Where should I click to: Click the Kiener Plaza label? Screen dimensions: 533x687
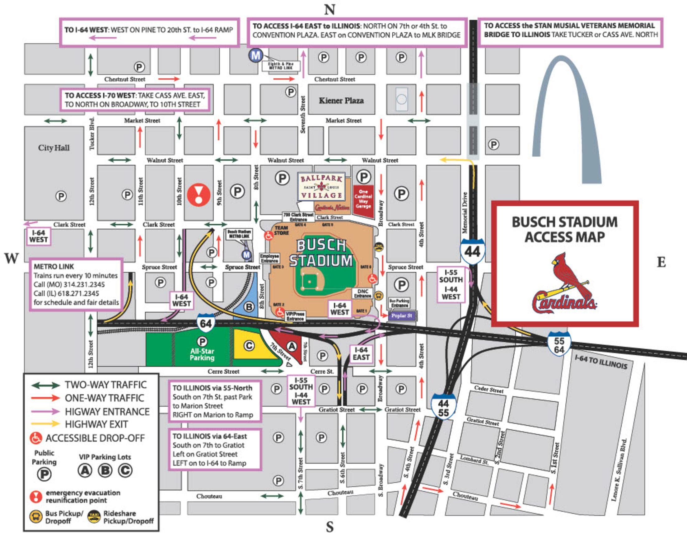[x=341, y=101]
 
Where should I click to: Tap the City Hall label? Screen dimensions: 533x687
[x=54, y=148]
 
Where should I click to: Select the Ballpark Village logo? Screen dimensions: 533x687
[x=321, y=187]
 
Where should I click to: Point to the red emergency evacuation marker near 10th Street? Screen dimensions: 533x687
[x=199, y=195]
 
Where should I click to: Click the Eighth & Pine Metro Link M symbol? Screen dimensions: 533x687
[x=256, y=55]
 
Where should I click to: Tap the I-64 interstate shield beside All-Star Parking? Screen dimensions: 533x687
[x=206, y=323]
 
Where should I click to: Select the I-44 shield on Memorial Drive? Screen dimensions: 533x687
[x=472, y=251]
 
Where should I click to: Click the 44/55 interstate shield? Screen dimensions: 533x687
[x=443, y=407]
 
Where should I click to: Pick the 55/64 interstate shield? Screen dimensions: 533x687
[x=559, y=345]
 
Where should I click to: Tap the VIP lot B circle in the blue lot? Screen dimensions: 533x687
[x=249, y=307]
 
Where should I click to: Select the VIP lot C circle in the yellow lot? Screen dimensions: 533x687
[x=249, y=346]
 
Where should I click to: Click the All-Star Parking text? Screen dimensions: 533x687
[x=202, y=355]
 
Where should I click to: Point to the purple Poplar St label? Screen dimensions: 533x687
[x=402, y=316]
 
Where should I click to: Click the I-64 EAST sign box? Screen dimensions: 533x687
[x=361, y=354]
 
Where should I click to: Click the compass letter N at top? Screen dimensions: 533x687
[x=329, y=9]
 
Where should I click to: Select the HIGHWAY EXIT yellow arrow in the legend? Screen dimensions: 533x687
[x=45, y=424]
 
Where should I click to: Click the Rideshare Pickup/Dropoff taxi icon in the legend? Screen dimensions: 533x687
[x=94, y=516]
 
